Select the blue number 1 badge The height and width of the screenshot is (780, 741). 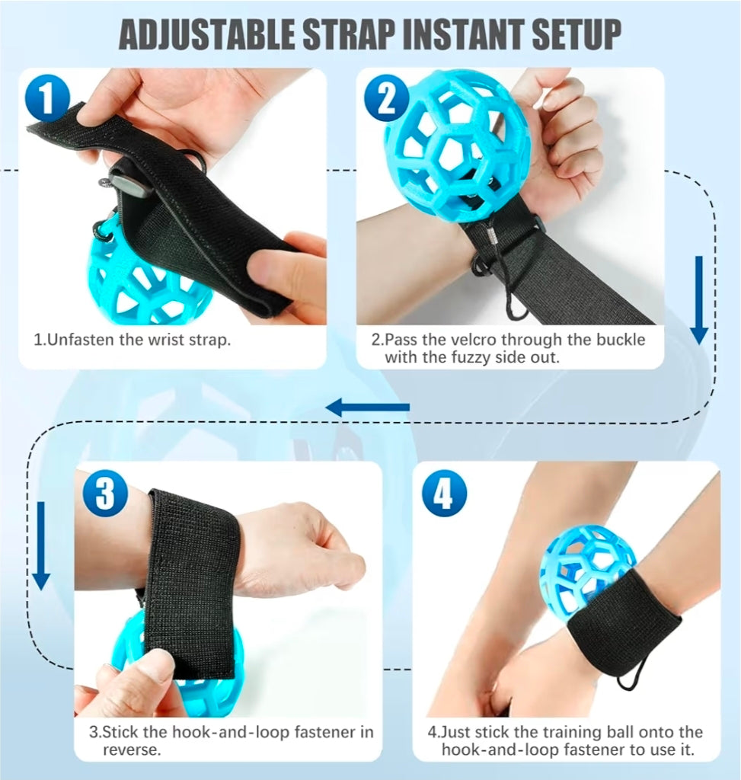[47, 99]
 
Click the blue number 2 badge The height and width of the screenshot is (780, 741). [386, 99]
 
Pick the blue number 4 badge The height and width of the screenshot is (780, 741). [443, 494]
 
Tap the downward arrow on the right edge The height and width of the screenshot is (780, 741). [698, 300]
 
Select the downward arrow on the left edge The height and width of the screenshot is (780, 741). [41, 545]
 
